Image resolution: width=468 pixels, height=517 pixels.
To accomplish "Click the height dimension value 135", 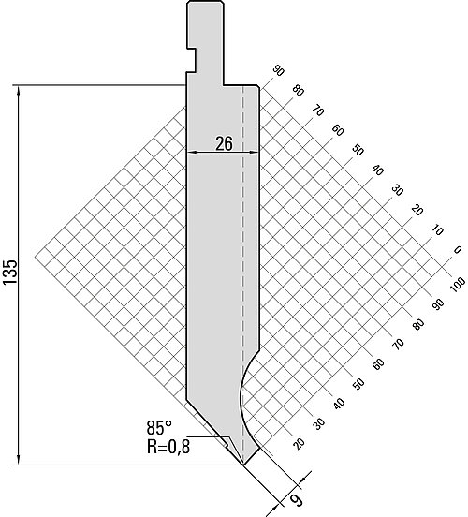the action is [10, 272].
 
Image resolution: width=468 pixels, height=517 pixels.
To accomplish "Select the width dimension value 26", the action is [224, 144].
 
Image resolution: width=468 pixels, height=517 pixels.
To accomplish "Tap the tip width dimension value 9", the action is [297, 500].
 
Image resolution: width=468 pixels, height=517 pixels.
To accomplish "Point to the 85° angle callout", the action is [159, 428].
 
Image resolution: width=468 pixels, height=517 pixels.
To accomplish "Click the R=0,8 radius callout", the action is [168, 447].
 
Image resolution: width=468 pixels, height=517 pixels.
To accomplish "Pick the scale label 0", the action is [457, 250].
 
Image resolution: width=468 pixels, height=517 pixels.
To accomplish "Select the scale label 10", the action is [437, 229].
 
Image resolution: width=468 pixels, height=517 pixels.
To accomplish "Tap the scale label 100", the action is [458, 284].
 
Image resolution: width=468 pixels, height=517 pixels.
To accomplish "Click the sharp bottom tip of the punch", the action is [243, 465].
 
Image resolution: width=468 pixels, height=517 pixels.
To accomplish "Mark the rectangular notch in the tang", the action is [192, 60].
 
